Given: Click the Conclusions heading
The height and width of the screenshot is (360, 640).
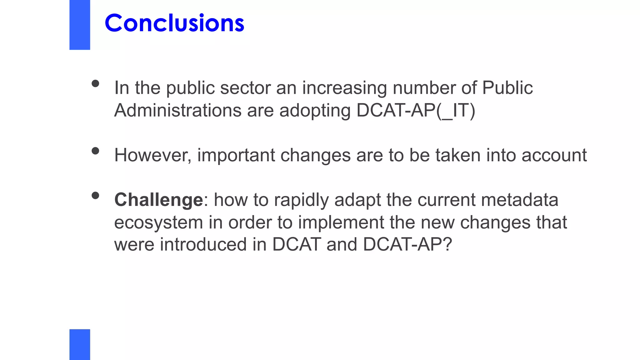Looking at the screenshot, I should click(174, 23).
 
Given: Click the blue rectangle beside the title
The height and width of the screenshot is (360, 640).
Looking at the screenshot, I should click(80, 25).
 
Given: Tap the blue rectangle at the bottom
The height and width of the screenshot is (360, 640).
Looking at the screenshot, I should click(80, 344).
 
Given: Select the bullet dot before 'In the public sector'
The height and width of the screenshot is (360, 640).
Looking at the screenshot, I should click(95, 83).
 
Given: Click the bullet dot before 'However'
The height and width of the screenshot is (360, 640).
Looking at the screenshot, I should click(95, 151).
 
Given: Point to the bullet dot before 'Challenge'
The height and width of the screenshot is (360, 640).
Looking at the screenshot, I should click(95, 196).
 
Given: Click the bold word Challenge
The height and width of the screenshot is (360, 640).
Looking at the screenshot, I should click(159, 200).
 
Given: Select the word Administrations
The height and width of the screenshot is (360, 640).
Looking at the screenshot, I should click(178, 110).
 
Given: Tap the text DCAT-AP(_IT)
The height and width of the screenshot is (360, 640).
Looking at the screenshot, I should click(416, 110).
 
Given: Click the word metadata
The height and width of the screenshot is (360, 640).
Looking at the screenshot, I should click(519, 200).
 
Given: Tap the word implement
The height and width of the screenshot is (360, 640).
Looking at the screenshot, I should click(341, 223).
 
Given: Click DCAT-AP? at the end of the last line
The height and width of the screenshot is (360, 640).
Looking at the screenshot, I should click(407, 244).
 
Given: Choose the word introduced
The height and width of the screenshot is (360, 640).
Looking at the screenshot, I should click(203, 244).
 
